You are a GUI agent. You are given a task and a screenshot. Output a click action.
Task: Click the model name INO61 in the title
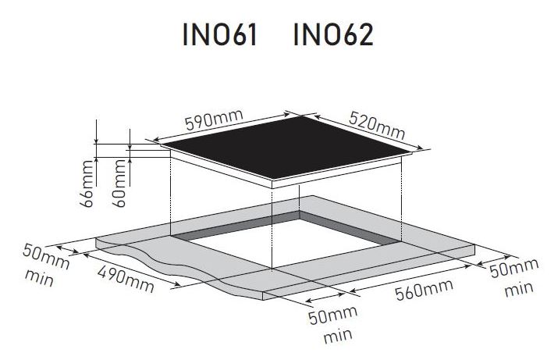click(x=220, y=34)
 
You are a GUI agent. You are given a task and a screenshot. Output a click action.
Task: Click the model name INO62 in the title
click(x=333, y=34)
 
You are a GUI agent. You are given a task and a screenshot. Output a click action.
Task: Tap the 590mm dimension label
click(x=215, y=119)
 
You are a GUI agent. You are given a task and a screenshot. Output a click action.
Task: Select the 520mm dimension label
click(x=377, y=125)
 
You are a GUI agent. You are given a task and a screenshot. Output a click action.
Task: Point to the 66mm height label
click(x=87, y=184)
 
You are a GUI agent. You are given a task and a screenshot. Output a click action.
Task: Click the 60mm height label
click(x=119, y=184)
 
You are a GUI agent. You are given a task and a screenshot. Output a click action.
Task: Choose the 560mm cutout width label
click(x=424, y=289)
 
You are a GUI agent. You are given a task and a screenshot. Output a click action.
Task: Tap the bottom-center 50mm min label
click(x=333, y=325)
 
